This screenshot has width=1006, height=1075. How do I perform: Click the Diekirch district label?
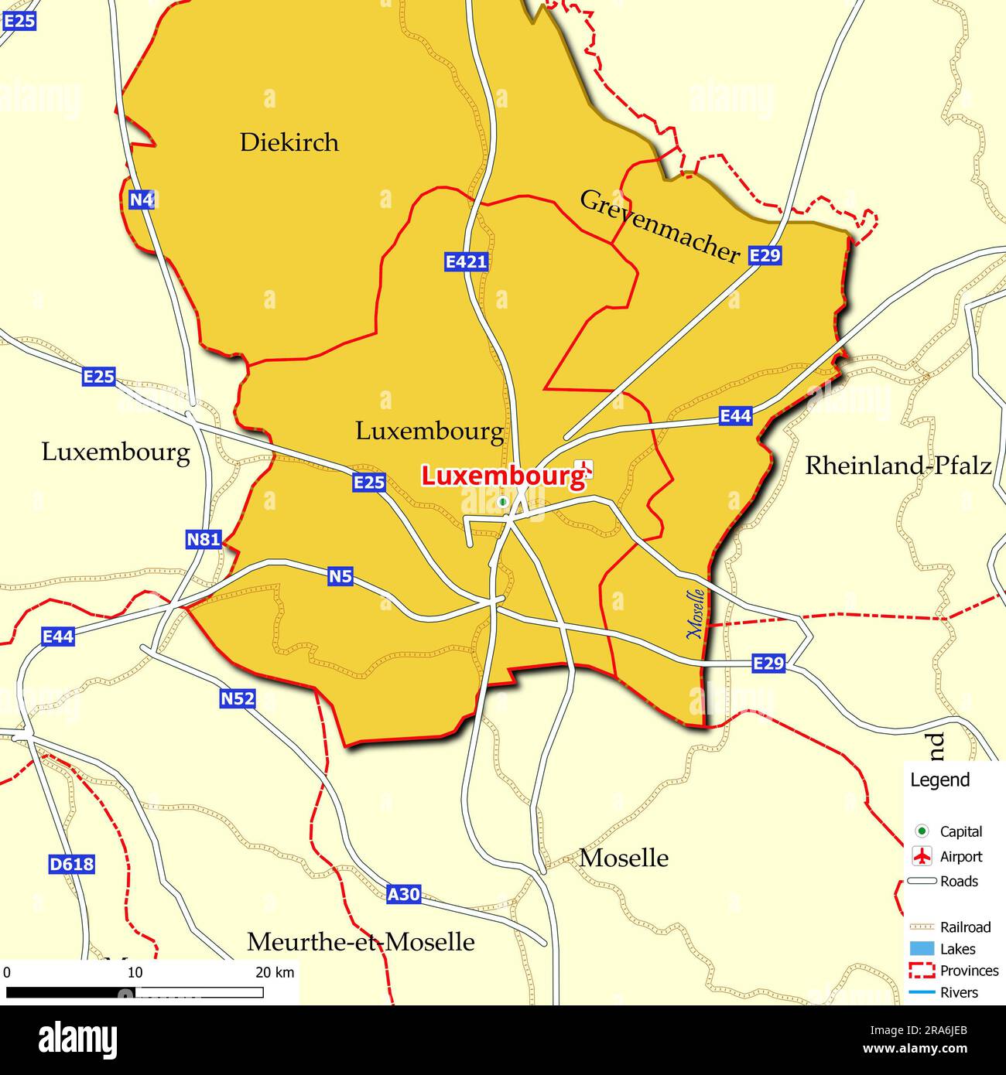289,142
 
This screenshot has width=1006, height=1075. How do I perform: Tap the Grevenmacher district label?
659,226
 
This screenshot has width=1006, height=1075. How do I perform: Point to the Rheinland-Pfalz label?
898,466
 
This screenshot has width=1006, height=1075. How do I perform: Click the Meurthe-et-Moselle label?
361,942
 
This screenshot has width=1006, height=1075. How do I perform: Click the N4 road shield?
142,200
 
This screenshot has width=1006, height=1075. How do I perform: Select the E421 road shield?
466,261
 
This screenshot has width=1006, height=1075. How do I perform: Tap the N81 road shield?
204,539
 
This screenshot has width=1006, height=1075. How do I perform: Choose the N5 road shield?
340,576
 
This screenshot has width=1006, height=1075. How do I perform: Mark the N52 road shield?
238,699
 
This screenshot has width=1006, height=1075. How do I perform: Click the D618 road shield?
71,864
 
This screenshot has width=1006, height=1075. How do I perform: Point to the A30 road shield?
403,895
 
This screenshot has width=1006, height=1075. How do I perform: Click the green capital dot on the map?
502,502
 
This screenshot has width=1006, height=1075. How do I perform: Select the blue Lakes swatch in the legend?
921,949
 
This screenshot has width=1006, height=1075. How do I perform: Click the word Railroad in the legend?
965,927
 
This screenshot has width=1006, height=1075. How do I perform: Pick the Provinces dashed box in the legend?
921,971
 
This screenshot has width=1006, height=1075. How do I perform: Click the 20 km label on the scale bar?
275,972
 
